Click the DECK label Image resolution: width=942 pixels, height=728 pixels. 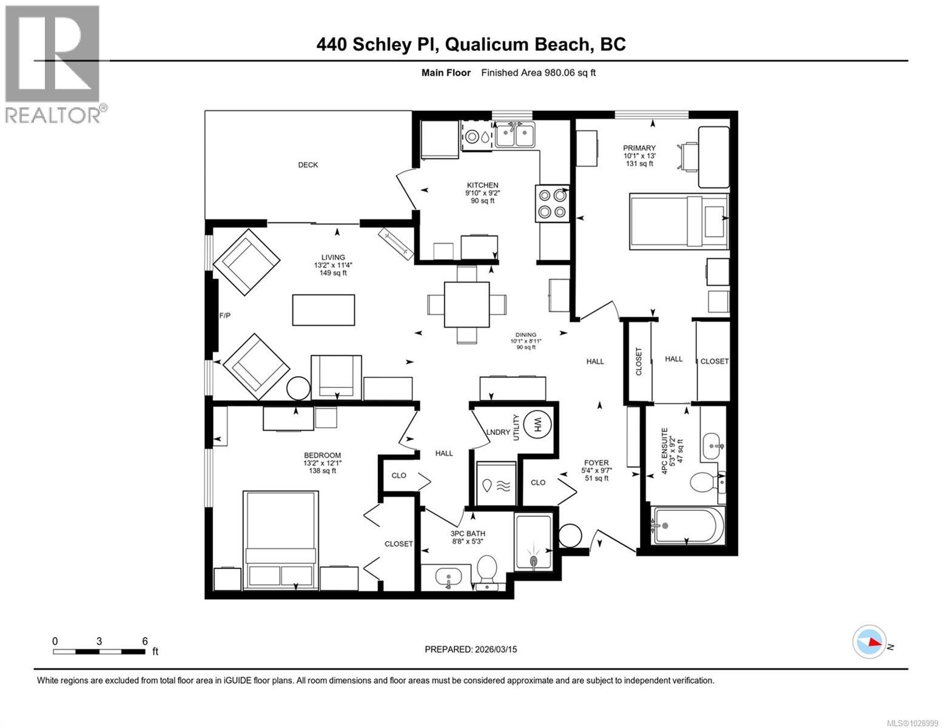308,165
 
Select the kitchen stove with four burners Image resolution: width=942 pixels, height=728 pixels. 552,203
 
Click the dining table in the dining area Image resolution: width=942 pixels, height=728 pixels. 466,304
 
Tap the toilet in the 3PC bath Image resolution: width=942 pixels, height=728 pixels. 486,571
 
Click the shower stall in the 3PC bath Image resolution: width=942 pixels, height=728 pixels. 533,542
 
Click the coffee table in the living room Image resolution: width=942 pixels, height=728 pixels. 323,309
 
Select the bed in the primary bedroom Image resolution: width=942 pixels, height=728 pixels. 679,220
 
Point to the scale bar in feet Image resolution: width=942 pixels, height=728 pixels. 99,652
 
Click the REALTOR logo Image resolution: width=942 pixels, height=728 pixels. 53,64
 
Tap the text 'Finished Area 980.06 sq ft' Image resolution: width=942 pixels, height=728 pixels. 538,73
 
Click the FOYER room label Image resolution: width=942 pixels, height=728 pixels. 596,462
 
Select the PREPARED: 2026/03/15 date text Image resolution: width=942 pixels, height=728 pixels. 471,649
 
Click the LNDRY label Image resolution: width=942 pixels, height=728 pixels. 499,432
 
